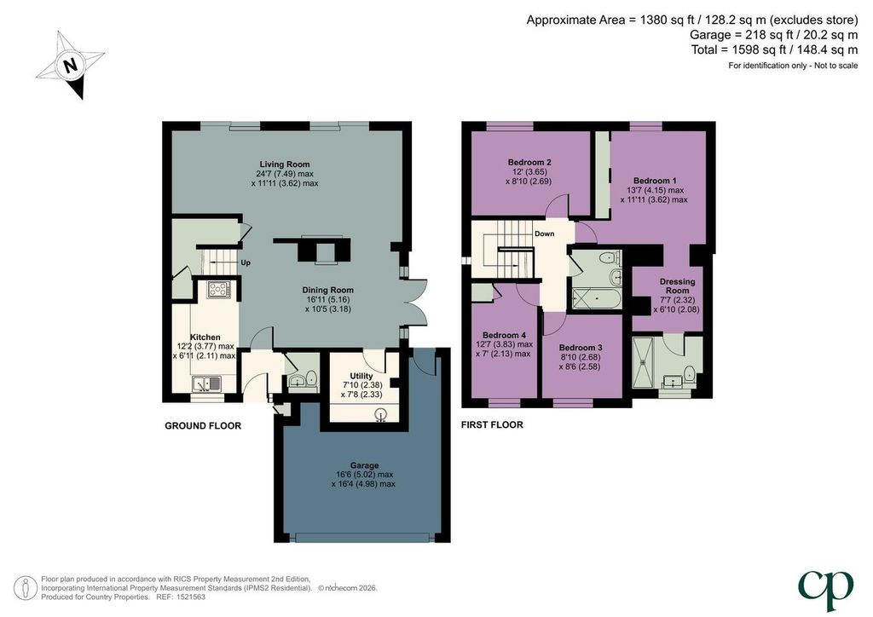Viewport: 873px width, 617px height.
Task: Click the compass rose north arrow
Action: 71,66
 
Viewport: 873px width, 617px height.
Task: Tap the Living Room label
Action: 285,164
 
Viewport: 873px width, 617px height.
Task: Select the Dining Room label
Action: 328,290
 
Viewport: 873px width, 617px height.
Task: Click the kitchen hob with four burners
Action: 219,289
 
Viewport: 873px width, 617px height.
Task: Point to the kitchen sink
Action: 206,383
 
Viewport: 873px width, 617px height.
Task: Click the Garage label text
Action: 365,465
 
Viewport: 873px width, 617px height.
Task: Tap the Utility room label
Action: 361,376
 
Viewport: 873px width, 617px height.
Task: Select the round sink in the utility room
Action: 381,414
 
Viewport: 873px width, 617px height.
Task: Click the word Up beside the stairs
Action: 246,262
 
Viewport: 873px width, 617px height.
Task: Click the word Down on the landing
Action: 545,234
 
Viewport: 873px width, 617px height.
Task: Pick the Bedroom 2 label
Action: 529,163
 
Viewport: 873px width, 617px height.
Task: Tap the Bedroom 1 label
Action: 655,181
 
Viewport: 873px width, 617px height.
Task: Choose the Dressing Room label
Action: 678,286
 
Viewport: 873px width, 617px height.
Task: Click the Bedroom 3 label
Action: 580,348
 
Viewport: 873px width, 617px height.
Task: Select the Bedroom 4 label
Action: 504,335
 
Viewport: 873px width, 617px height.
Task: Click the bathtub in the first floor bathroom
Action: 596,299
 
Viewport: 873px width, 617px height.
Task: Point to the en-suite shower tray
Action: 644,361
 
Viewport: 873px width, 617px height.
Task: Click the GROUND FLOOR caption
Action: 203,425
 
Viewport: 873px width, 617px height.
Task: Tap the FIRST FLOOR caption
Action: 492,424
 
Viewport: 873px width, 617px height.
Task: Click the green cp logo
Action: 825,589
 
